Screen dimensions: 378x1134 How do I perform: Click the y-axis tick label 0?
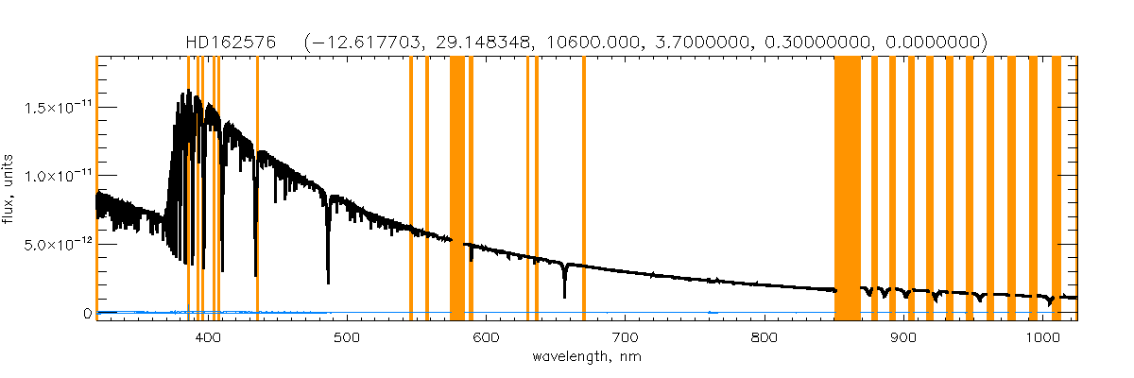point(87,313)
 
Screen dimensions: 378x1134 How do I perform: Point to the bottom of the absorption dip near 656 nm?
point(564,296)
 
